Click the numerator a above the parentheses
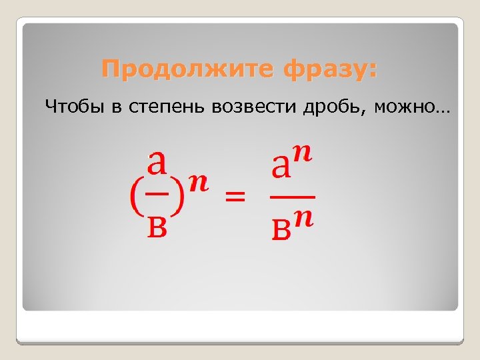(157, 162)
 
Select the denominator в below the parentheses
(157, 227)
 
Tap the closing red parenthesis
(178, 198)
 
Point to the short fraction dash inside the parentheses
(157, 194)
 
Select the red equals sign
(235, 197)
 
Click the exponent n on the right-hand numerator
(304, 155)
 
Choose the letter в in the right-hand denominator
(281, 230)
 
